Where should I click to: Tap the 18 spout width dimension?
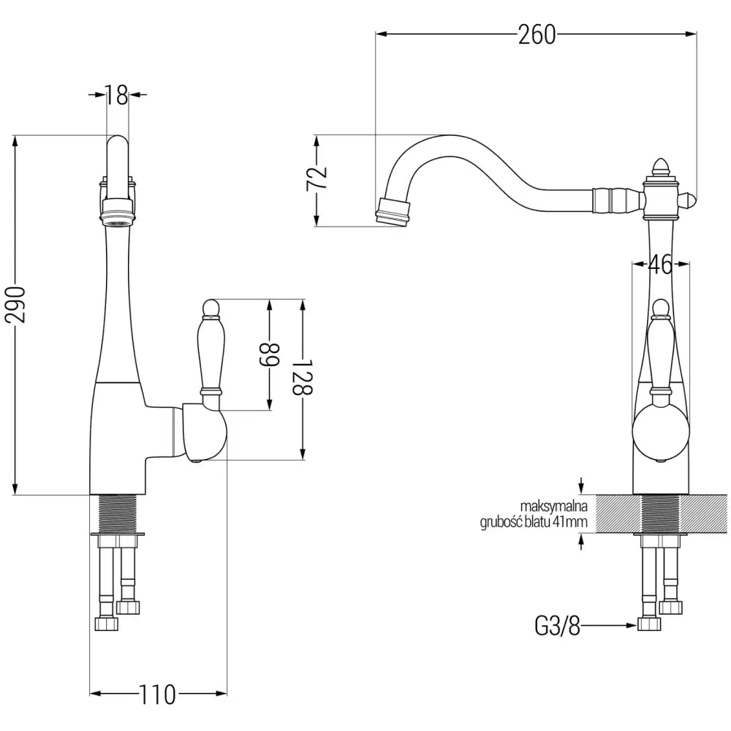pyautogui.click(x=116, y=95)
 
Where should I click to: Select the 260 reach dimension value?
pyautogui.click(x=537, y=34)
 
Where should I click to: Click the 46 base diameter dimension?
pyautogui.click(x=660, y=265)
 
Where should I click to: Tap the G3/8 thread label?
pyautogui.click(x=558, y=626)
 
